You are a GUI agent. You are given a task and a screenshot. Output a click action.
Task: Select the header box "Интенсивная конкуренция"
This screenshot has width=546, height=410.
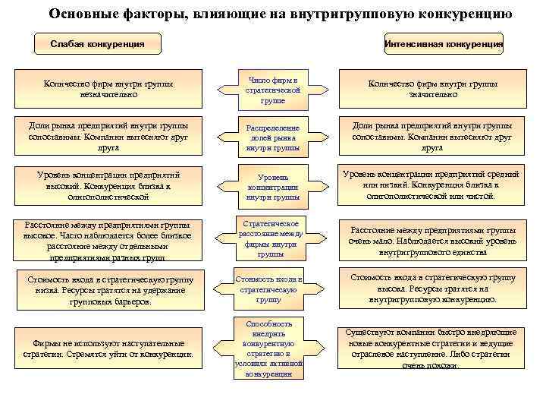[x=444, y=43]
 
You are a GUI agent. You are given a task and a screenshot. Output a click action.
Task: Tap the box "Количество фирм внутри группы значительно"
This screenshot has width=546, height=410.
[x=433, y=89]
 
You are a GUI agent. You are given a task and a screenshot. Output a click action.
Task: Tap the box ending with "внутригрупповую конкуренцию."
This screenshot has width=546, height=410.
[x=433, y=288]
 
